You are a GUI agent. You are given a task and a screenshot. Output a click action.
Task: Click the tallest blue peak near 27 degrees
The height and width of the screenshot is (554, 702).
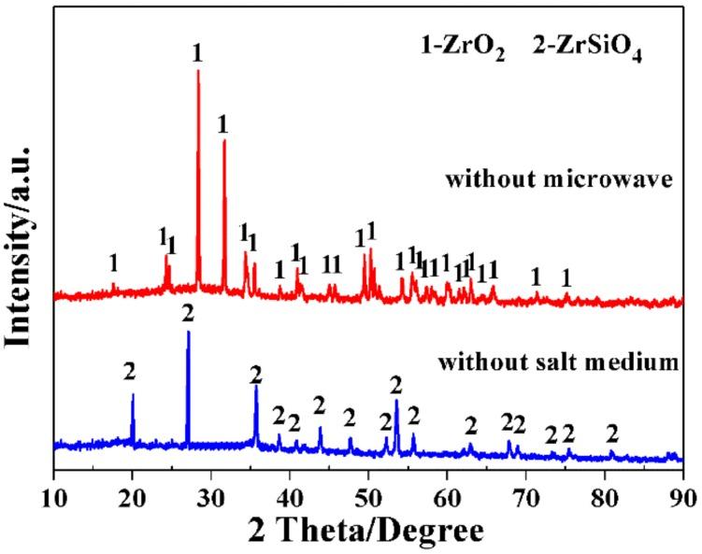pyautogui.click(x=188, y=333)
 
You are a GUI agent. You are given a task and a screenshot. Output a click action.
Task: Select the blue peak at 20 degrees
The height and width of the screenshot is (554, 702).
pyautogui.click(x=133, y=396)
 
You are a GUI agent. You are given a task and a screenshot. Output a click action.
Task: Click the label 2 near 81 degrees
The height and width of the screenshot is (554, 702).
pyautogui.click(x=612, y=433)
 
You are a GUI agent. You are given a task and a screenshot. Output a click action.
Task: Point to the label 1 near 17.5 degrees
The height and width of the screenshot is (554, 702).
pyautogui.click(x=113, y=263)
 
